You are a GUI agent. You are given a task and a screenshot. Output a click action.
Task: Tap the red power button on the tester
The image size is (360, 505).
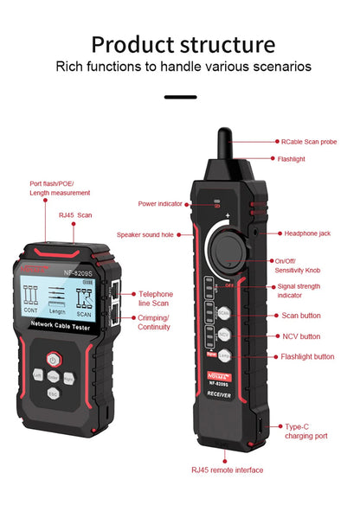click(53, 359)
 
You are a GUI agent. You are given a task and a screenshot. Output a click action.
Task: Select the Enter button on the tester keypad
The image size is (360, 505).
click(53, 376)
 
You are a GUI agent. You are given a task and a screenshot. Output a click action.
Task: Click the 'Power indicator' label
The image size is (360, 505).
click(160, 204)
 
